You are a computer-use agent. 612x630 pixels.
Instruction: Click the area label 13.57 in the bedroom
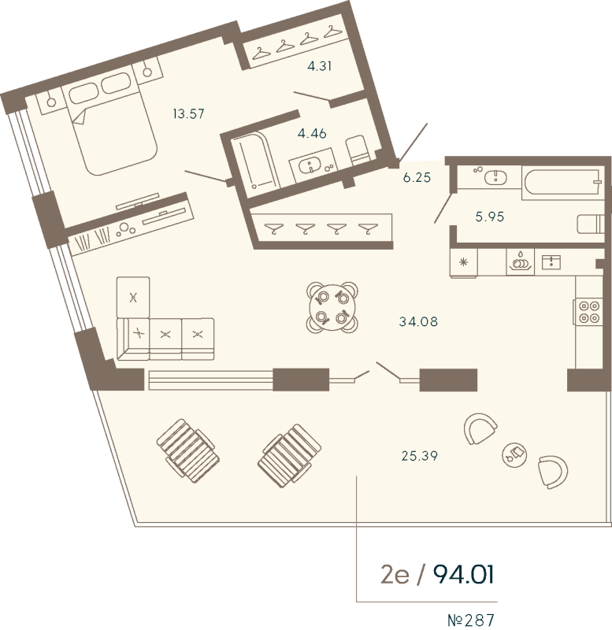(x=188, y=113)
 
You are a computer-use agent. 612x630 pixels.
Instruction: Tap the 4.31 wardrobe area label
(x=320, y=66)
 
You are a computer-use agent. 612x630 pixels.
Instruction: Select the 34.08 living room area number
(x=418, y=321)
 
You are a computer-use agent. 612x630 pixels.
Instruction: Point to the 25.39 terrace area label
(x=420, y=456)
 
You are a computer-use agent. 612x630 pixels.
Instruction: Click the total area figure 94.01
(x=463, y=575)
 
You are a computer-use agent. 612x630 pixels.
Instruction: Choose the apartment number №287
(x=471, y=620)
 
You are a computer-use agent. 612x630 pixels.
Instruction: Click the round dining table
(x=332, y=307)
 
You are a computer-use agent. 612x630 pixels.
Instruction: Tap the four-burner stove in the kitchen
(x=588, y=313)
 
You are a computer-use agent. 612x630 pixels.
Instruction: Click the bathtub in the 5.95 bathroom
(x=563, y=183)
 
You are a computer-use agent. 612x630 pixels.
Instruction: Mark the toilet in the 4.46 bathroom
(x=358, y=149)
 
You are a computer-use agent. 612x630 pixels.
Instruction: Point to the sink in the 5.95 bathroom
(x=495, y=177)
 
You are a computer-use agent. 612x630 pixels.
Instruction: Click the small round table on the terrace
(x=514, y=454)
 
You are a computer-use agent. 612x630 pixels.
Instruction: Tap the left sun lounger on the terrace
(x=188, y=450)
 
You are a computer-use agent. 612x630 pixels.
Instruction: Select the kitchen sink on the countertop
(x=551, y=262)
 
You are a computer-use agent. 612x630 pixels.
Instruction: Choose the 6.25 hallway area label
(x=417, y=177)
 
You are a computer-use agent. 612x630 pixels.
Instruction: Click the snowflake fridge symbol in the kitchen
(x=464, y=263)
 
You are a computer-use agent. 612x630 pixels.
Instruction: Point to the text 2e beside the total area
(x=395, y=575)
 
